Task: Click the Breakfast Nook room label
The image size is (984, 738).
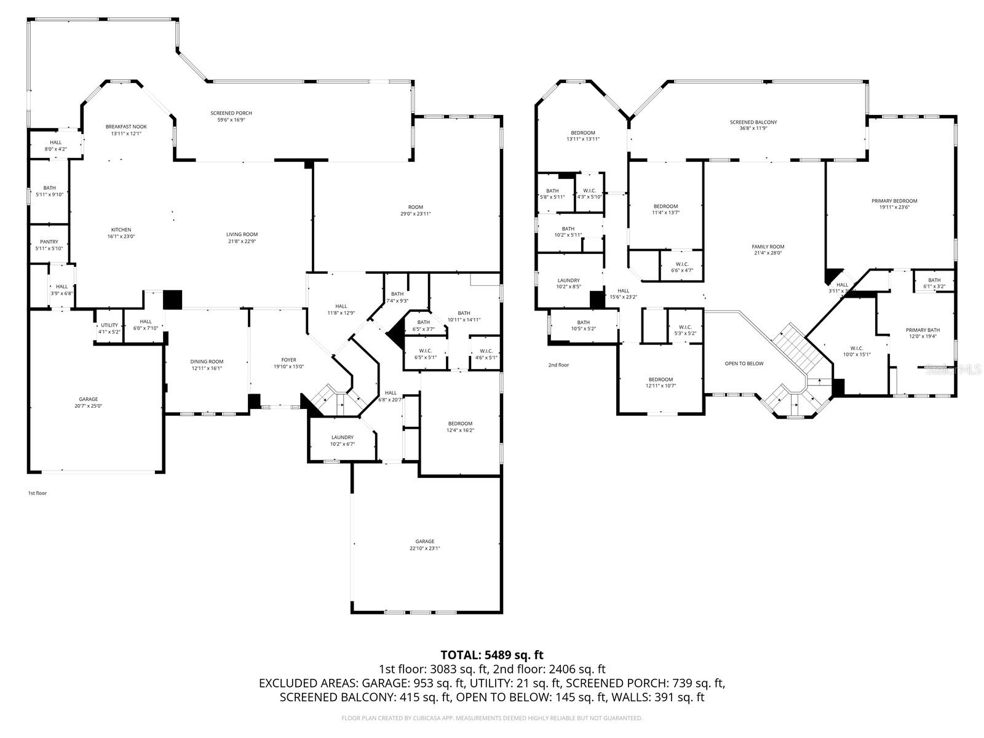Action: [126, 130]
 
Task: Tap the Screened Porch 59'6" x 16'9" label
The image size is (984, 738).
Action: [231, 116]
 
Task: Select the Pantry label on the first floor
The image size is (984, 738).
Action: [49, 245]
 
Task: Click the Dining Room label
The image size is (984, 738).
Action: [207, 365]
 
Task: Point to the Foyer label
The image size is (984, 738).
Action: [288, 363]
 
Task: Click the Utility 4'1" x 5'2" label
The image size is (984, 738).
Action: [109, 328]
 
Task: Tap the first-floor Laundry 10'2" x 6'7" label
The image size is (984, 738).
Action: [342, 440]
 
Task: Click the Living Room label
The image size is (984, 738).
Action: [242, 237]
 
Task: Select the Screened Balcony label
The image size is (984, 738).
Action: [753, 125]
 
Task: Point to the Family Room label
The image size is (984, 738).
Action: [768, 250]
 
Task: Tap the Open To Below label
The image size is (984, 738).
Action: [744, 363]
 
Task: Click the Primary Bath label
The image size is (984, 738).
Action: [922, 333]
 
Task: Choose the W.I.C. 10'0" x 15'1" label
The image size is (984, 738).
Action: [857, 351]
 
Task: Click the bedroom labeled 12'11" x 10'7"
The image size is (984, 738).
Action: [661, 383]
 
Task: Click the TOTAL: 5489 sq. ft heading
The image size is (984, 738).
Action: [492, 655]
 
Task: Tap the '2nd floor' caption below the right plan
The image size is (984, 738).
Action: [558, 365]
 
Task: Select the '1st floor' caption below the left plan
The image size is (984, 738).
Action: [38, 493]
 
